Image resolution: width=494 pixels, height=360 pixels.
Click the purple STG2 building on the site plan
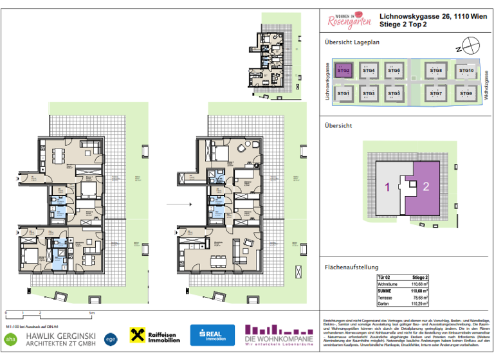click(x=343, y=71)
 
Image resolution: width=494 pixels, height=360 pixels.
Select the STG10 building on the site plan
click(x=466, y=71)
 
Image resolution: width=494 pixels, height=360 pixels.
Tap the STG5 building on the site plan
click(x=394, y=94)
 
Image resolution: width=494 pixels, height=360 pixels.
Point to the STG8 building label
click(x=435, y=70)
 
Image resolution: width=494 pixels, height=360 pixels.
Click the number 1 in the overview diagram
click(x=387, y=187)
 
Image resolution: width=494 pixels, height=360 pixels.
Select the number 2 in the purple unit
click(x=426, y=187)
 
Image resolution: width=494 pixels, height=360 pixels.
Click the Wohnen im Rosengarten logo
click(x=349, y=20)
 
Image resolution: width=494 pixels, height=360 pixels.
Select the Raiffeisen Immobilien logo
click(x=154, y=336)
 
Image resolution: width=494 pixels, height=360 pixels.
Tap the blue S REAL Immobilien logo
click(x=212, y=336)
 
